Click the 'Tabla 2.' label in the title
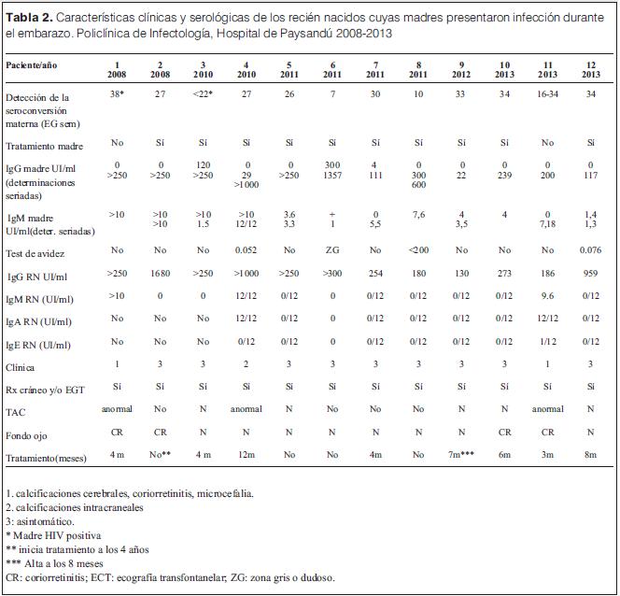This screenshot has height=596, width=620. [30, 16]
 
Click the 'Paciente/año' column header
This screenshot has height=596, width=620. [33, 64]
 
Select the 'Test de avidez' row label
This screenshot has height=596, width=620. [35, 251]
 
